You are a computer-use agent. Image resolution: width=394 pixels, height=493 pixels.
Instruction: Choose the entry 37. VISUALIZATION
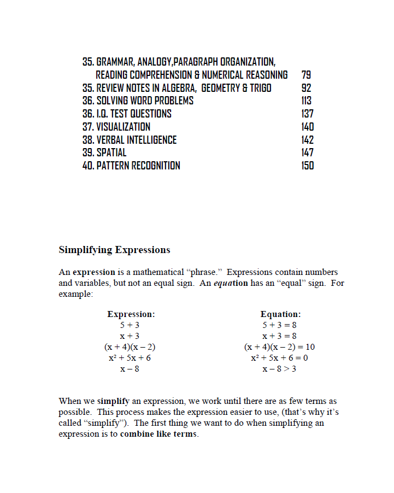[x=116, y=127]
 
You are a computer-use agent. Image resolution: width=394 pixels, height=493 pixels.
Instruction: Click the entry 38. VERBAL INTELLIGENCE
[x=130, y=140]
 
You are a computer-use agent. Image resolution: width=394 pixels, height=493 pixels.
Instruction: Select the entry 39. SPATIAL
[x=104, y=152]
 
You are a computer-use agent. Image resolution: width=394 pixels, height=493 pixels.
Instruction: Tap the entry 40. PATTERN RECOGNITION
[x=131, y=166]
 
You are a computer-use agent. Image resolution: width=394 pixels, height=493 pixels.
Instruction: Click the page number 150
[x=307, y=166]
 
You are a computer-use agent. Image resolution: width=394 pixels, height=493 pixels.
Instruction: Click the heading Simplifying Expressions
[x=114, y=250]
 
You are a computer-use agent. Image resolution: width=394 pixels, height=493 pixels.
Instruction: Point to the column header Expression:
[x=131, y=314]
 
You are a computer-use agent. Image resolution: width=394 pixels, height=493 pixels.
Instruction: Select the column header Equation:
[x=280, y=314]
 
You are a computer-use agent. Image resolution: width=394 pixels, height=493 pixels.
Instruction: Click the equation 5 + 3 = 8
[x=279, y=325]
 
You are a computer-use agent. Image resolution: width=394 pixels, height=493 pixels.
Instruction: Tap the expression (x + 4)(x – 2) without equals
[x=130, y=347]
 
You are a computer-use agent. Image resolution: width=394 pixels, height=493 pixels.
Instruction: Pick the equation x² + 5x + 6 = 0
[x=279, y=358]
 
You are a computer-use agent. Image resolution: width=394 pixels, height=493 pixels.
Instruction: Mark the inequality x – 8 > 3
[x=279, y=369]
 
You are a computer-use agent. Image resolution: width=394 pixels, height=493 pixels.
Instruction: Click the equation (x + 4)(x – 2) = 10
[x=279, y=347]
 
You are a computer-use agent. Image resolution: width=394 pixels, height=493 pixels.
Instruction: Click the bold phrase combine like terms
[x=158, y=435]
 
